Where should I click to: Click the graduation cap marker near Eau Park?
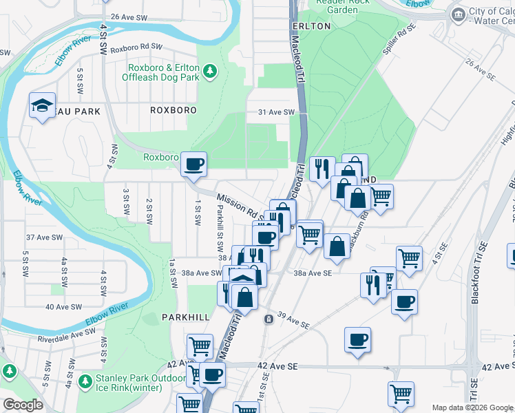(x=42, y=106)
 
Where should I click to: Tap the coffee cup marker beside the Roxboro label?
(x=194, y=164)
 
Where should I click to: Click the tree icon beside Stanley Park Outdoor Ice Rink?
(x=85, y=381)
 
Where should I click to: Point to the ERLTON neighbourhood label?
(x=311, y=26)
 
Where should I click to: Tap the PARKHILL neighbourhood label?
(x=185, y=317)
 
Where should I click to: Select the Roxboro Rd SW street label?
(x=136, y=48)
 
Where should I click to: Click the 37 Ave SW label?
(x=44, y=237)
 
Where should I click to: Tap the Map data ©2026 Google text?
(x=471, y=407)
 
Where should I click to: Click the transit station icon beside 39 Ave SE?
(x=268, y=319)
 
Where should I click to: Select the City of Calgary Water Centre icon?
(x=457, y=14)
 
